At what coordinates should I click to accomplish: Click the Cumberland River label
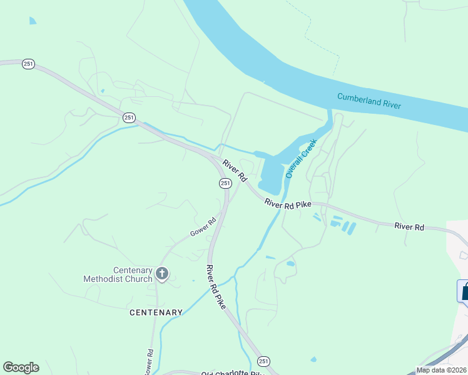click(369, 101)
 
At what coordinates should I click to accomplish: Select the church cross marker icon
click(162, 273)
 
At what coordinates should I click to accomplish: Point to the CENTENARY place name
click(156, 312)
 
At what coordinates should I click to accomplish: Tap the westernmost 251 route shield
click(28, 64)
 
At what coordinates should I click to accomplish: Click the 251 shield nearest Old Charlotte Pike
click(263, 361)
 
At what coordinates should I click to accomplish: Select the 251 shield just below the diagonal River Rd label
click(225, 182)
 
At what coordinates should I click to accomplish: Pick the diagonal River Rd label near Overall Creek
click(236, 171)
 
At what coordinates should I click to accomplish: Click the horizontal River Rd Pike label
click(288, 204)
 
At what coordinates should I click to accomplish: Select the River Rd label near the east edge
click(409, 227)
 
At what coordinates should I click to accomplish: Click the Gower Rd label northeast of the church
click(203, 226)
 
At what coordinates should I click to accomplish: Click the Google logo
click(21, 367)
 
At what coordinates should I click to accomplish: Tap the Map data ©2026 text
click(440, 370)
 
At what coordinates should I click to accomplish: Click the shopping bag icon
click(464, 291)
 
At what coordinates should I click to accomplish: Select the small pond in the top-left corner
click(32, 21)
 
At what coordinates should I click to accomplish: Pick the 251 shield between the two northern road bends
click(129, 117)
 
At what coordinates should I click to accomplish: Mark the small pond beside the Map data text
click(313, 359)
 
